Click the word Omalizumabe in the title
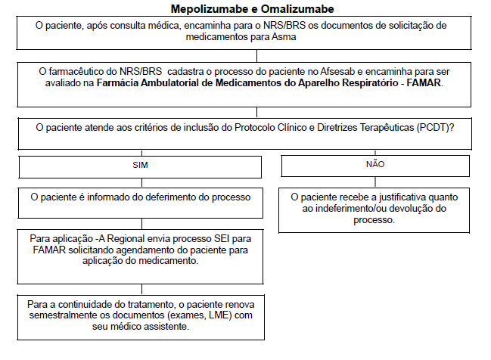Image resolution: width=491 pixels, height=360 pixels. click(x=295, y=9)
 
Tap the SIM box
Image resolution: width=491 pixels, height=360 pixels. click(x=141, y=163)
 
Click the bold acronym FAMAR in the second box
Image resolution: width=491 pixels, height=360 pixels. click(x=427, y=82)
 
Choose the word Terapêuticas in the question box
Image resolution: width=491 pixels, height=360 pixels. click(x=382, y=128)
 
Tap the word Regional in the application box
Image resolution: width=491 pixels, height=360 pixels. click(x=122, y=237)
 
